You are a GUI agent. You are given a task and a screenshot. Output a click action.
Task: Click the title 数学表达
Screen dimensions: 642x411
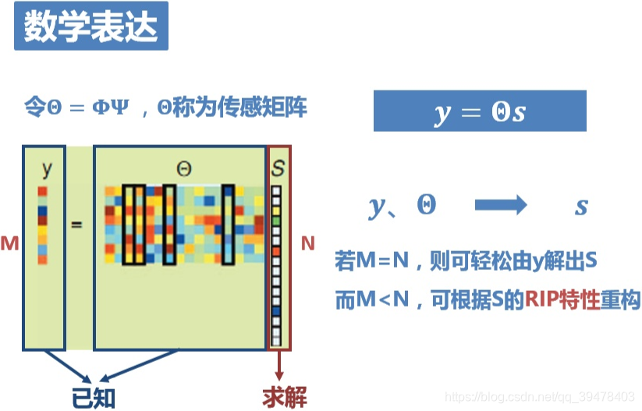coord(90,29)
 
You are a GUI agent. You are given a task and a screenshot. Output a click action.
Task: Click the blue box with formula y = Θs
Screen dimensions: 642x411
coord(479,112)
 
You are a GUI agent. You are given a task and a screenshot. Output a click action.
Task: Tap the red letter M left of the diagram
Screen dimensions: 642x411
coord(9,243)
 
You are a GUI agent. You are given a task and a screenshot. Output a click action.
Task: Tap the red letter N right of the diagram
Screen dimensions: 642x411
coord(308,243)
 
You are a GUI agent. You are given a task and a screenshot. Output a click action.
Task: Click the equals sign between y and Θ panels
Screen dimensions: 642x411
coord(76,225)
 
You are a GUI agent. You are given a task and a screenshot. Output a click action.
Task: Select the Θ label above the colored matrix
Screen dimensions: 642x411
coord(183,168)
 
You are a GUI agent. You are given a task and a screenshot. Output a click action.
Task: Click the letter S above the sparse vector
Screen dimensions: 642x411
coord(278,168)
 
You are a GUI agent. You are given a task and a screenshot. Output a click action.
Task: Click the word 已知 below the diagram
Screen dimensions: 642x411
coord(93,397)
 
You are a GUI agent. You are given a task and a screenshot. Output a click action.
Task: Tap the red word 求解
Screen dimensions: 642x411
coord(284,397)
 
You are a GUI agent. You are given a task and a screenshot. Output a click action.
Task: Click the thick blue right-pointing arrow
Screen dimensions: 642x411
coord(501,205)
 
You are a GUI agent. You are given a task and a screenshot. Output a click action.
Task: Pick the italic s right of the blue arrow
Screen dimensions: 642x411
coord(581,206)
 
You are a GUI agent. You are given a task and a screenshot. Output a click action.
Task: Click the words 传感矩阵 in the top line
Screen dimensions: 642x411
coord(273,106)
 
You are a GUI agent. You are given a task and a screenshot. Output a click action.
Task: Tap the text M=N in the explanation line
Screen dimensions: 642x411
coord(383,261)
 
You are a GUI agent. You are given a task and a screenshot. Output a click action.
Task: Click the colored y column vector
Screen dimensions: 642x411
coord(42,224)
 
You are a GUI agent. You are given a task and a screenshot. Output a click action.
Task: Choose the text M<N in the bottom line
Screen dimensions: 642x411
coord(383,300)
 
